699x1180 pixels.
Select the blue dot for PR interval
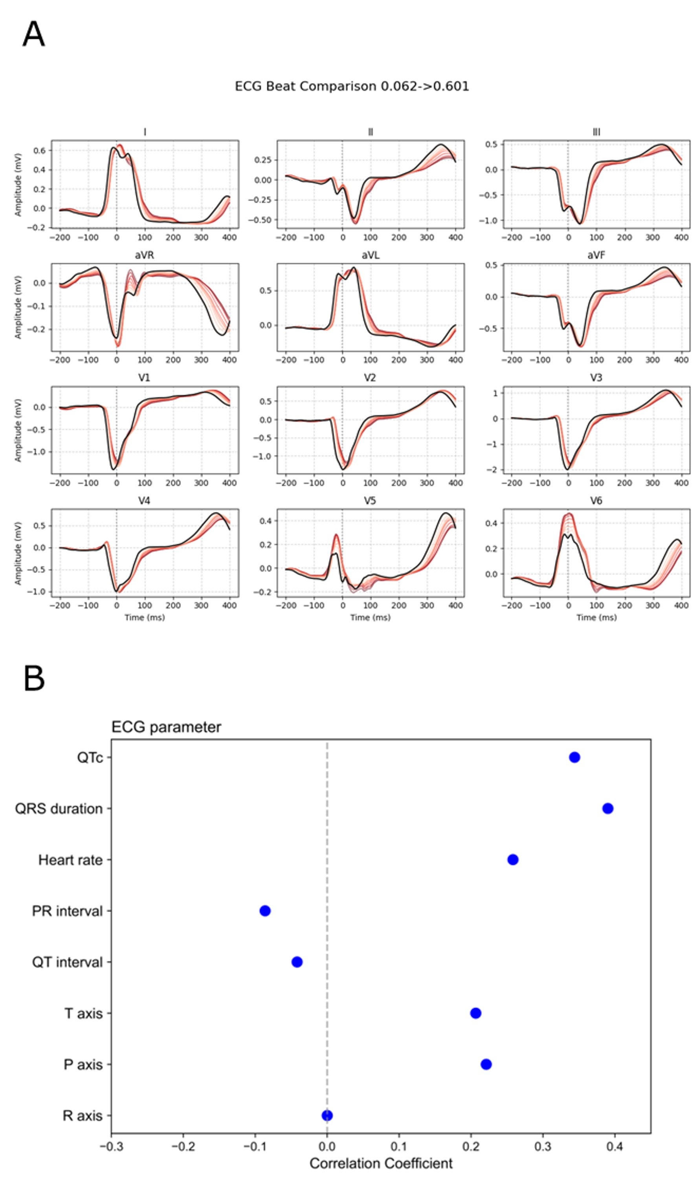[265, 910]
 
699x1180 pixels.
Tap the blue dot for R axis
[327, 1115]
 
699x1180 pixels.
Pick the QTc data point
[574, 757]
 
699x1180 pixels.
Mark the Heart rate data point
[512, 860]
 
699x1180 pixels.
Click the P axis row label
[83, 1064]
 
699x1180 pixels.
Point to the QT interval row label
[67, 962]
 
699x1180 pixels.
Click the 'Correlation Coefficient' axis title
[381, 1163]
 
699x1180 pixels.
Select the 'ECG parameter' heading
[166, 727]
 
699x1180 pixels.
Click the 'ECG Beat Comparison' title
[352, 86]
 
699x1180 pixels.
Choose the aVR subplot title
[144, 255]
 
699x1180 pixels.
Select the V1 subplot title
[144, 378]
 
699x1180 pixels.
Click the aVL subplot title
[370, 255]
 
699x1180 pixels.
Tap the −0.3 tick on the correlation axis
[111, 1145]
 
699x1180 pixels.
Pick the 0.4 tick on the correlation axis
[615, 1145]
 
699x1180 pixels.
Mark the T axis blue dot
[475, 1013]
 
